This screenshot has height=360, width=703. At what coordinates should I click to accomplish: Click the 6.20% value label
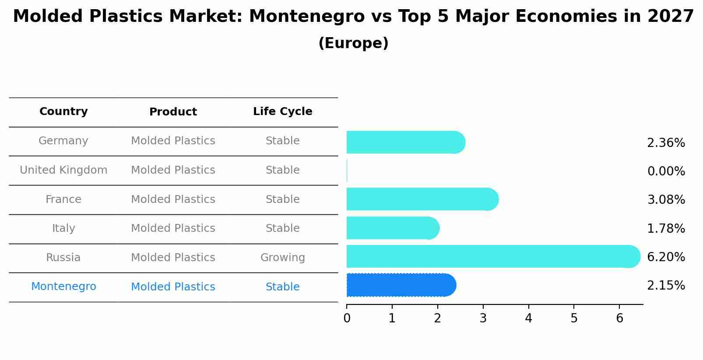(666, 257)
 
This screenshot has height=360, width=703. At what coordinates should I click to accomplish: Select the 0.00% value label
(666, 171)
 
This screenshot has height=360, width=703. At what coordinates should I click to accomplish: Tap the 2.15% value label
(666, 286)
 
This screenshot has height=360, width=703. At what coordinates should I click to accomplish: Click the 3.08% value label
(666, 200)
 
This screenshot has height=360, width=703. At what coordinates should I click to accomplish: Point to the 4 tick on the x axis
(528, 318)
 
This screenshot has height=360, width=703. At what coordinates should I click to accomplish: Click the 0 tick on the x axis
(347, 318)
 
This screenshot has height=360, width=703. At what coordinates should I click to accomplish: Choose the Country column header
(63, 112)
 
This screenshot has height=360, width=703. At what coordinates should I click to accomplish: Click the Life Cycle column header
(282, 112)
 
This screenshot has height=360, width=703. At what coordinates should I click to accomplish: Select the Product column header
(173, 112)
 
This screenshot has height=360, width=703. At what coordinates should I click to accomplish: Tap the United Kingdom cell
(63, 170)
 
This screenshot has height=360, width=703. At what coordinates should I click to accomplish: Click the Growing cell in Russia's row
(282, 258)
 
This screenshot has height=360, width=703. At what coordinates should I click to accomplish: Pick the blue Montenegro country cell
(63, 287)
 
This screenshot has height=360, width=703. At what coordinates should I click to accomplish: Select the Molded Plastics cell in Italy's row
(173, 228)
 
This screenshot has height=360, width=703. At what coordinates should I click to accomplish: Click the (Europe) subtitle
(353, 43)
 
